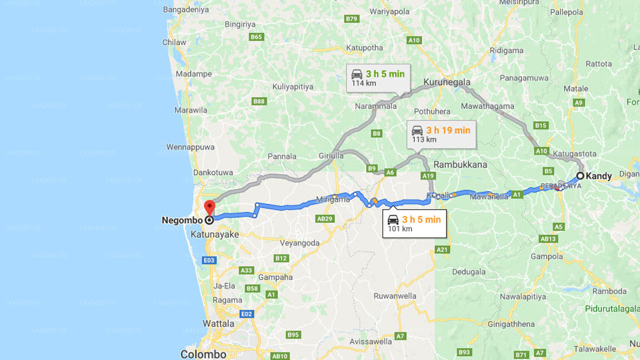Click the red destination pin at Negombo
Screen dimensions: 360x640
point(210,206)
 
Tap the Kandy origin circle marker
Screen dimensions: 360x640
point(580,176)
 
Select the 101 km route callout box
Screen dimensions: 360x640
point(414,223)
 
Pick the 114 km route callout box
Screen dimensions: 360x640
point(378,78)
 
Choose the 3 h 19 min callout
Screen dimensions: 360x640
point(441,134)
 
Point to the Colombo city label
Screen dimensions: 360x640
point(203,354)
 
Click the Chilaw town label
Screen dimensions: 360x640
point(174,42)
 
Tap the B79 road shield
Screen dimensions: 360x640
point(352,19)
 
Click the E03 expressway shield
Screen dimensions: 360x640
point(209,260)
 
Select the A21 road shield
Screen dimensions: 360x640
point(442,249)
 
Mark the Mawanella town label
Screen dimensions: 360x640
point(489,197)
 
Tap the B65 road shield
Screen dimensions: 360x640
point(256,37)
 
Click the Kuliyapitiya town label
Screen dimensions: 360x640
point(292,86)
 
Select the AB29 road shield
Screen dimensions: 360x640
point(324,218)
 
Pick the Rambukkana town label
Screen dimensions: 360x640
point(460,164)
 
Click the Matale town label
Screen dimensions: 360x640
point(575,88)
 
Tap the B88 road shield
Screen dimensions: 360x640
point(259,101)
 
